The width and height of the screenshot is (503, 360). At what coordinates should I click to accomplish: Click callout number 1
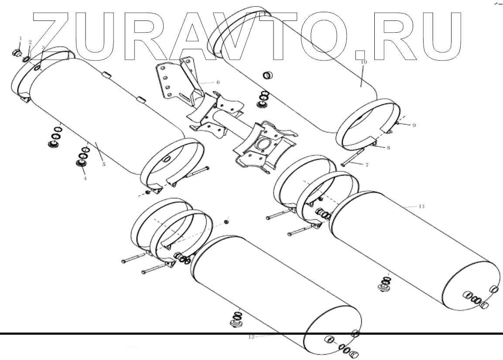click(x=20, y=39)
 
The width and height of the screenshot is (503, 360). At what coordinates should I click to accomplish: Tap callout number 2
click(x=30, y=42)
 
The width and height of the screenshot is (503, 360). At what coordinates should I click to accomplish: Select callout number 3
click(x=43, y=47)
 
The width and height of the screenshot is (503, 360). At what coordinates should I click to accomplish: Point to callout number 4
click(x=85, y=178)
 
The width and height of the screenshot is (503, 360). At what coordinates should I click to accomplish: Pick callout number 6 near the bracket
click(x=218, y=82)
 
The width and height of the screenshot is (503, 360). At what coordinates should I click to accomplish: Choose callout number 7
click(x=367, y=165)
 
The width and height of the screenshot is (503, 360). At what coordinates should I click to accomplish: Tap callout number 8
click(x=388, y=148)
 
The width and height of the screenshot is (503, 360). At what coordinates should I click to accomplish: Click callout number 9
click(x=414, y=126)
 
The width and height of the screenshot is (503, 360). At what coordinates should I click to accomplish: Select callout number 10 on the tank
click(x=364, y=62)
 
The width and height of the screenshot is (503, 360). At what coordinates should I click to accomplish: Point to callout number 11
click(x=421, y=206)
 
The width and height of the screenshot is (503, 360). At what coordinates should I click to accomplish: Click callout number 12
click(x=251, y=337)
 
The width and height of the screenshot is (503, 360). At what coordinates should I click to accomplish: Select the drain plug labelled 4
click(x=81, y=163)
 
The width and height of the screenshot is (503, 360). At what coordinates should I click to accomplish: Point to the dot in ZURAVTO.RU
click(x=359, y=54)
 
